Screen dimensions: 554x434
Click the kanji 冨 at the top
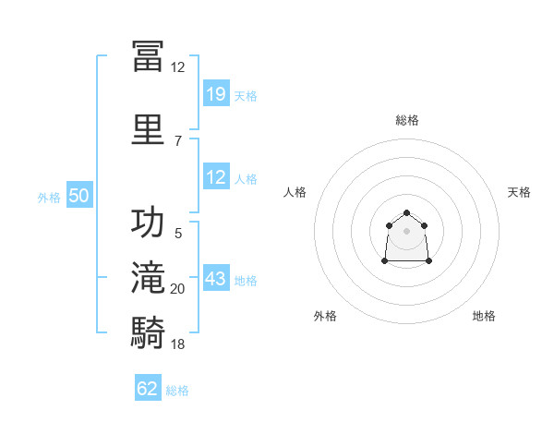(148, 56)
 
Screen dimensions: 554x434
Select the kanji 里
(148, 129)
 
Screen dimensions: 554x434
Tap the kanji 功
(148, 222)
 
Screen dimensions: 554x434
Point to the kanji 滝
(148, 277)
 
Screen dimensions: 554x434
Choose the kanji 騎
(148, 332)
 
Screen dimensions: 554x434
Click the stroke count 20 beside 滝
(177, 289)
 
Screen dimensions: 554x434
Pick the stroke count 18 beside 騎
(177, 344)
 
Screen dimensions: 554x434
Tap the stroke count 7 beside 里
(178, 141)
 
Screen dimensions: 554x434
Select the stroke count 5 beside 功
(178, 234)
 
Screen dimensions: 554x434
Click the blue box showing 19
(216, 93)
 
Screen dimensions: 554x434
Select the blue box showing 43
(216, 277)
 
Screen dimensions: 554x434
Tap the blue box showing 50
(79, 195)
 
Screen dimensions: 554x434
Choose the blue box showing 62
(148, 387)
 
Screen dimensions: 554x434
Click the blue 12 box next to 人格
(216, 176)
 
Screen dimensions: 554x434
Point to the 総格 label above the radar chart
(407, 121)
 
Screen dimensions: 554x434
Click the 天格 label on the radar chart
(519, 192)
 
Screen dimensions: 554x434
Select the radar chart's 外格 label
(325, 316)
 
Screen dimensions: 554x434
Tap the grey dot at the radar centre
(406, 231)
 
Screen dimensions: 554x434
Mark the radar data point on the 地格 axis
(428, 261)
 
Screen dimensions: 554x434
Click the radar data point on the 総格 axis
(406, 212)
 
